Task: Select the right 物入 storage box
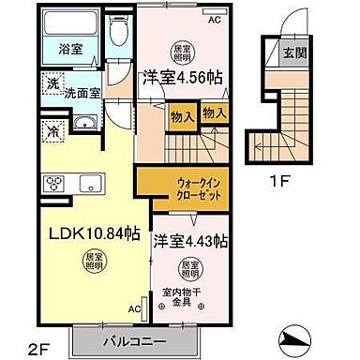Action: click(215, 113)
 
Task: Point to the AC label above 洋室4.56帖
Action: click(215, 19)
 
